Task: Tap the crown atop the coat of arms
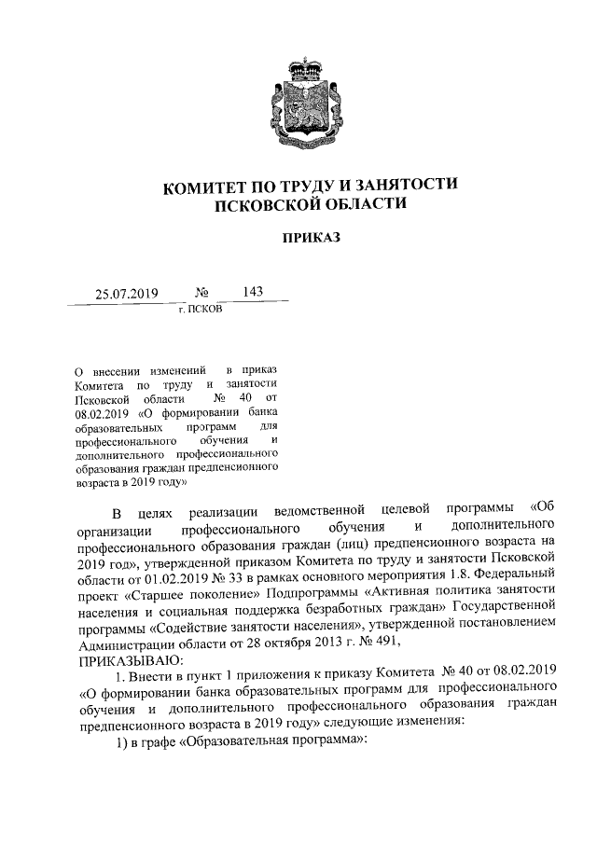coord(298,67)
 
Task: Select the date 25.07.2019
coord(128,294)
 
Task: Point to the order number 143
coord(252,292)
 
